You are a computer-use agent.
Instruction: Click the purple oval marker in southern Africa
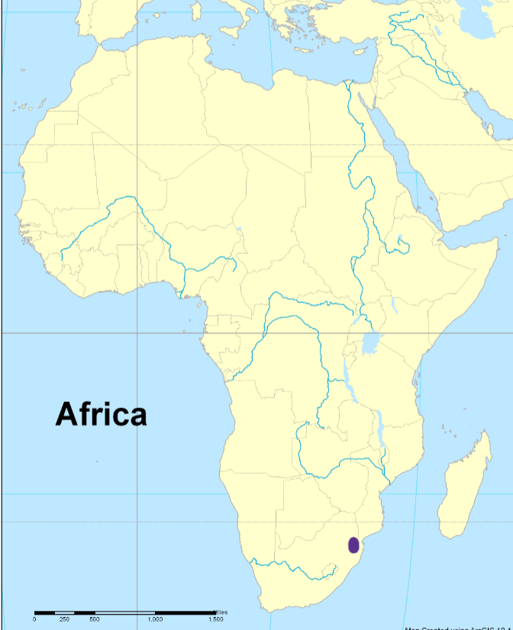(353, 545)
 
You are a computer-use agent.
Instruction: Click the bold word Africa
(101, 414)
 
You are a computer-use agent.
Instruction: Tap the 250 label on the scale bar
(64, 619)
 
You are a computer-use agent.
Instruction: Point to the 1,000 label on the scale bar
(155, 619)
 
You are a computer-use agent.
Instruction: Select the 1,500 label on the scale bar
(215, 619)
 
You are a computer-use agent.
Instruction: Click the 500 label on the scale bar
(94, 619)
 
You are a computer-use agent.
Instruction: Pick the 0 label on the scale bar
(34, 619)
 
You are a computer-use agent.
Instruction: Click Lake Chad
(239, 230)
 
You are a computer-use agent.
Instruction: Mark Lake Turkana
(393, 305)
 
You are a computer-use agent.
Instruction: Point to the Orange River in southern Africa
(290, 566)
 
